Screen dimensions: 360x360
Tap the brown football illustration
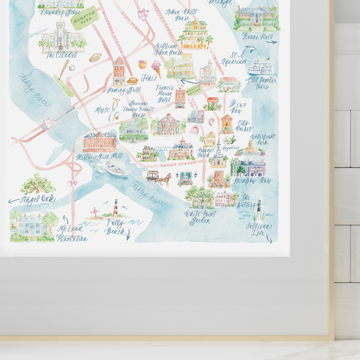click(x=96, y=58)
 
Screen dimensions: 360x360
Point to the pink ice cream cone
click(x=156, y=66)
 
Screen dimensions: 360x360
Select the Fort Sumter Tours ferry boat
click(x=260, y=68)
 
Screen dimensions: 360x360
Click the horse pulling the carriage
click(x=165, y=179)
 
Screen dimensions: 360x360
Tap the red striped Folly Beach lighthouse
click(x=115, y=208)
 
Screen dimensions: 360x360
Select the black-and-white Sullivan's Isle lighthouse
click(x=259, y=210)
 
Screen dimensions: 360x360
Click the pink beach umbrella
click(x=95, y=211)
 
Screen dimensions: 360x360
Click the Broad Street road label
click(x=179, y=164)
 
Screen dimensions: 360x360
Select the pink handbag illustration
click(x=195, y=129)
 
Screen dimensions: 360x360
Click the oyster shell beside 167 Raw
click(x=233, y=103)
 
